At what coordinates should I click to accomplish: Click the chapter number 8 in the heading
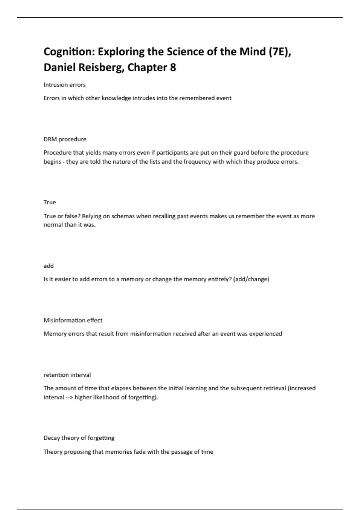tap(173, 67)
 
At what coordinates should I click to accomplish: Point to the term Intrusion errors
tap(64, 85)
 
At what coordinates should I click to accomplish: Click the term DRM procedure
tap(65, 139)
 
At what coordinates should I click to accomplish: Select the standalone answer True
tap(50, 202)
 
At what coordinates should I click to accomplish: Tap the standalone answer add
tap(49, 266)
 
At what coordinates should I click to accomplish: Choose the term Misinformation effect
tap(73, 320)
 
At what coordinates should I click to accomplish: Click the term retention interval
tap(67, 375)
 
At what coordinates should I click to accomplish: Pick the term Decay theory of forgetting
tap(79, 438)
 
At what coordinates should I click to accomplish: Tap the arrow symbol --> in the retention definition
tap(69, 397)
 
